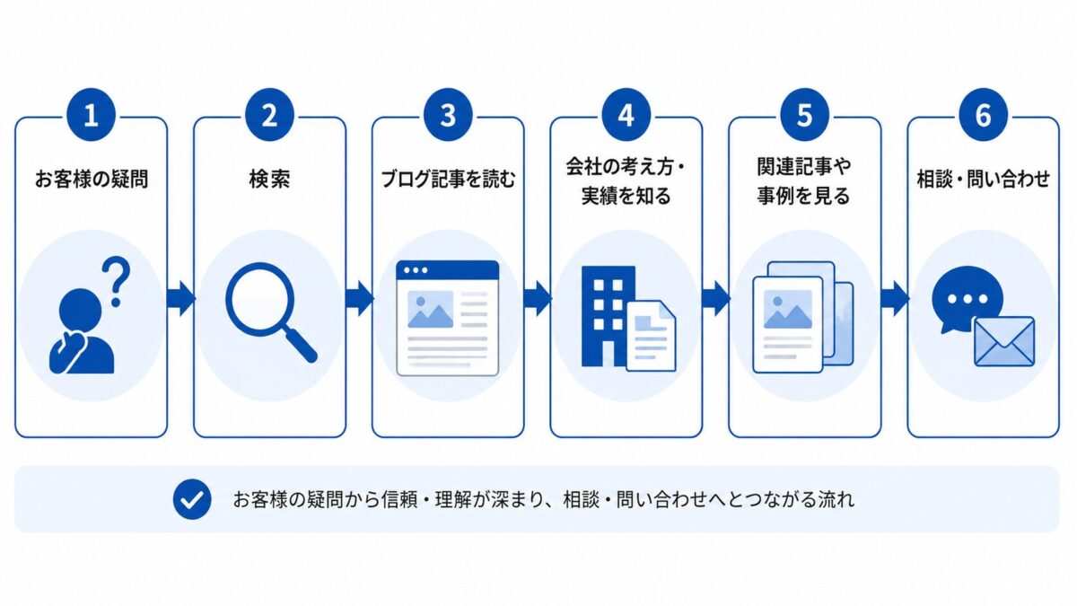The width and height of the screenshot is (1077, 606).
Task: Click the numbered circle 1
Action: [x=92, y=115]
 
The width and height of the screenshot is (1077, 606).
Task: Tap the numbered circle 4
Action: [x=626, y=115]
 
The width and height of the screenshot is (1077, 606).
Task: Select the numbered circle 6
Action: [x=983, y=115]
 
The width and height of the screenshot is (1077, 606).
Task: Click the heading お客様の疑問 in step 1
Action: [x=92, y=179]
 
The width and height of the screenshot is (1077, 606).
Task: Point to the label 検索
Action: [x=270, y=179]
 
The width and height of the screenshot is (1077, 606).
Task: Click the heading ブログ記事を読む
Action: [x=448, y=179]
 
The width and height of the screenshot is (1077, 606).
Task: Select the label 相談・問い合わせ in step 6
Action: [x=984, y=179]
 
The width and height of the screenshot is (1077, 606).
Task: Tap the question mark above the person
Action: [x=117, y=281]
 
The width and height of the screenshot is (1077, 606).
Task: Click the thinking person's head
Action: [x=80, y=311]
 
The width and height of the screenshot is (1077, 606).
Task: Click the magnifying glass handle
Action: [x=299, y=343]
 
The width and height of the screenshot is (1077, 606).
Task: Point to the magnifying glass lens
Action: [x=260, y=297]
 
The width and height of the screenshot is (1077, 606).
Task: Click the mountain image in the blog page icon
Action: [x=430, y=309]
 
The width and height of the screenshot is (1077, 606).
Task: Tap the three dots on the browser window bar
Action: [x=416, y=270]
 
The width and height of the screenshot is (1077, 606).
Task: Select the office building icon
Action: [x=609, y=316]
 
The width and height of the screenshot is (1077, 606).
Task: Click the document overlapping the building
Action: [x=651, y=336]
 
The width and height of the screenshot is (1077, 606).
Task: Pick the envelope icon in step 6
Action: [x=1004, y=341]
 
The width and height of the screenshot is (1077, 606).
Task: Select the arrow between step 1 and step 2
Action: [x=180, y=299]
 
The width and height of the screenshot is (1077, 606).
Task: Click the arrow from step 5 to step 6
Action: [x=894, y=299]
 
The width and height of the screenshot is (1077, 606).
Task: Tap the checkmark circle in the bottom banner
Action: [x=192, y=499]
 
